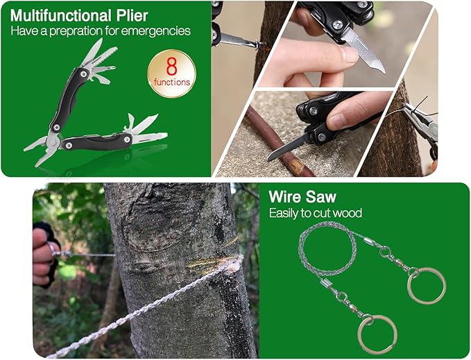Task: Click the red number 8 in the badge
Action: click(171, 67)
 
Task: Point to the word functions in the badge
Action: click(172, 82)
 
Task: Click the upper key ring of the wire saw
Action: click(426, 286)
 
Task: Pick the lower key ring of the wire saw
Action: click(377, 334)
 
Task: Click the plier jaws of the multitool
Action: click(41, 149)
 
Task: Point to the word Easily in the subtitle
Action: click(284, 214)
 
